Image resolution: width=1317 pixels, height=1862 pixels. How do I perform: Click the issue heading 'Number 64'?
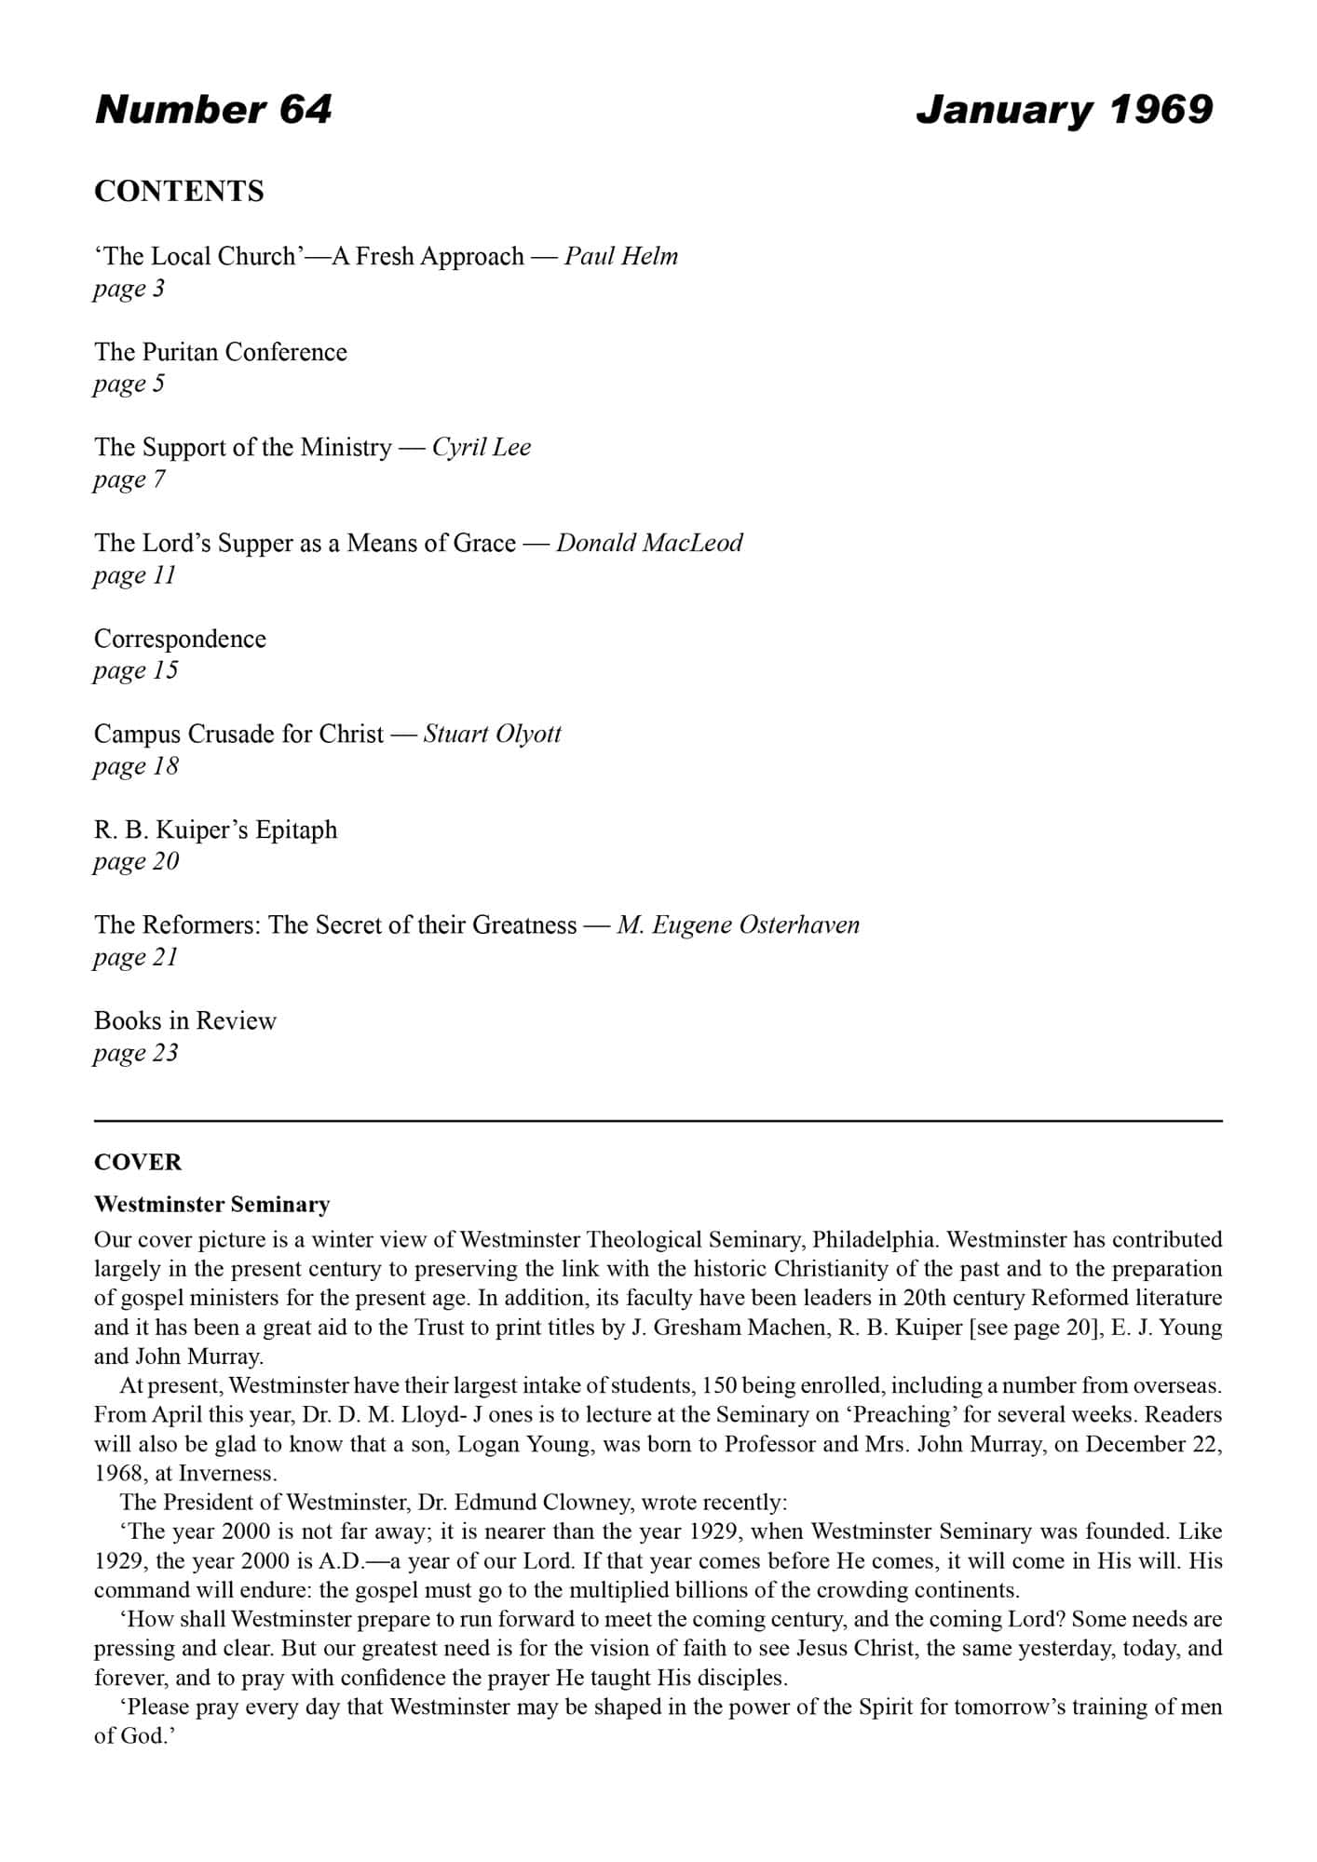(x=213, y=110)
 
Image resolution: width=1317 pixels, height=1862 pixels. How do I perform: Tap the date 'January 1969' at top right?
(x=1064, y=110)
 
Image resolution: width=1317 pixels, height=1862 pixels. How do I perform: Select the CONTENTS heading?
(x=179, y=192)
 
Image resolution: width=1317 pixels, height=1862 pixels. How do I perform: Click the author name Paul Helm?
(x=621, y=256)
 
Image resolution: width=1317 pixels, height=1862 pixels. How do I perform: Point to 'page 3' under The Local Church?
(x=129, y=289)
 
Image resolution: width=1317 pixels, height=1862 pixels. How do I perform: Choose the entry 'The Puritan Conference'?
(x=221, y=352)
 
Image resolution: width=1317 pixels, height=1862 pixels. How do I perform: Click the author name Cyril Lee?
(x=482, y=448)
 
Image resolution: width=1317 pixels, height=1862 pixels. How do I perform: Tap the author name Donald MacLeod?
(x=649, y=543)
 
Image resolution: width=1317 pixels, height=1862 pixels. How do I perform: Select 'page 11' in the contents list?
(x=135, y=575)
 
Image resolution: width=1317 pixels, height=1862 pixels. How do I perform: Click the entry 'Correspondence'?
(x=180, y=639)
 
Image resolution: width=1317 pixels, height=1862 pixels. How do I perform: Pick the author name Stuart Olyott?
(x=492, y=735)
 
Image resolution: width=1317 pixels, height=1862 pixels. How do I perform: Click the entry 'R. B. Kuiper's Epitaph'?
(x=215, y=830)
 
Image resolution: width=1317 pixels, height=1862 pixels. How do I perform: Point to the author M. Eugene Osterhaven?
(x=738, y=925)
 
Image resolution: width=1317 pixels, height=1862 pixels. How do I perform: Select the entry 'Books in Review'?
(x=185, y=1021)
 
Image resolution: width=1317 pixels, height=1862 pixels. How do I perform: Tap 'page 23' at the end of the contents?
(x=136, y=1053)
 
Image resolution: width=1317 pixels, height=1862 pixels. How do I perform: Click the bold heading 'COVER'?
(x=138, y=1162)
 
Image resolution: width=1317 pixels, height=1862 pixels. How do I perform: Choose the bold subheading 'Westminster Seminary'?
(x=212, y=1205)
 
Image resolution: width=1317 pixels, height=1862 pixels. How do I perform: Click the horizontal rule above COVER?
(x=658, y=1121)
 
